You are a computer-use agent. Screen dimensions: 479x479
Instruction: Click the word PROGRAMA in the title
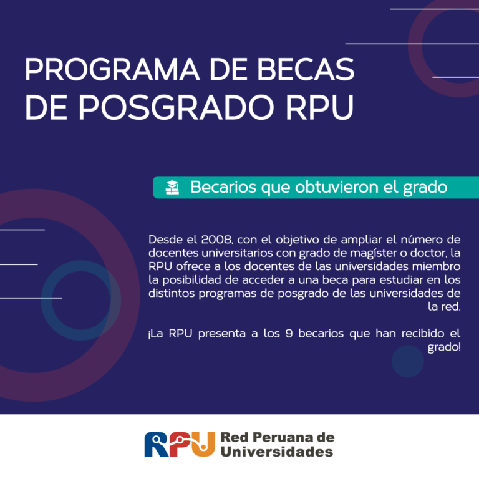point(112,69)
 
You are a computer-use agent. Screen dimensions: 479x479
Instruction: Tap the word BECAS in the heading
point(306,69)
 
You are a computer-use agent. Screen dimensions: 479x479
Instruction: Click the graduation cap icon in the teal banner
point(172,187)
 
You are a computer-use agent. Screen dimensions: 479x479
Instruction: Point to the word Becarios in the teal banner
point(223,187)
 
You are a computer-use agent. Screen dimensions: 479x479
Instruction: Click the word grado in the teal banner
point(425,188)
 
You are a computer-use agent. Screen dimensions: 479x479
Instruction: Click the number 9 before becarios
point(289,334)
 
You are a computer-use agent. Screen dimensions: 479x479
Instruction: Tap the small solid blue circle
point(408,361)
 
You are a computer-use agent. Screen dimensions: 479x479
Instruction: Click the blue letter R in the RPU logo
point(157,444)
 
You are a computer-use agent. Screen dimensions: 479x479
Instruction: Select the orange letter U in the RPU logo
point(203,444)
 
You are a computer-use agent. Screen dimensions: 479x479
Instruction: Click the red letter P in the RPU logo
point(180,444)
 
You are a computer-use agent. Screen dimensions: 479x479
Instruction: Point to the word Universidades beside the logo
point(277,452)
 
